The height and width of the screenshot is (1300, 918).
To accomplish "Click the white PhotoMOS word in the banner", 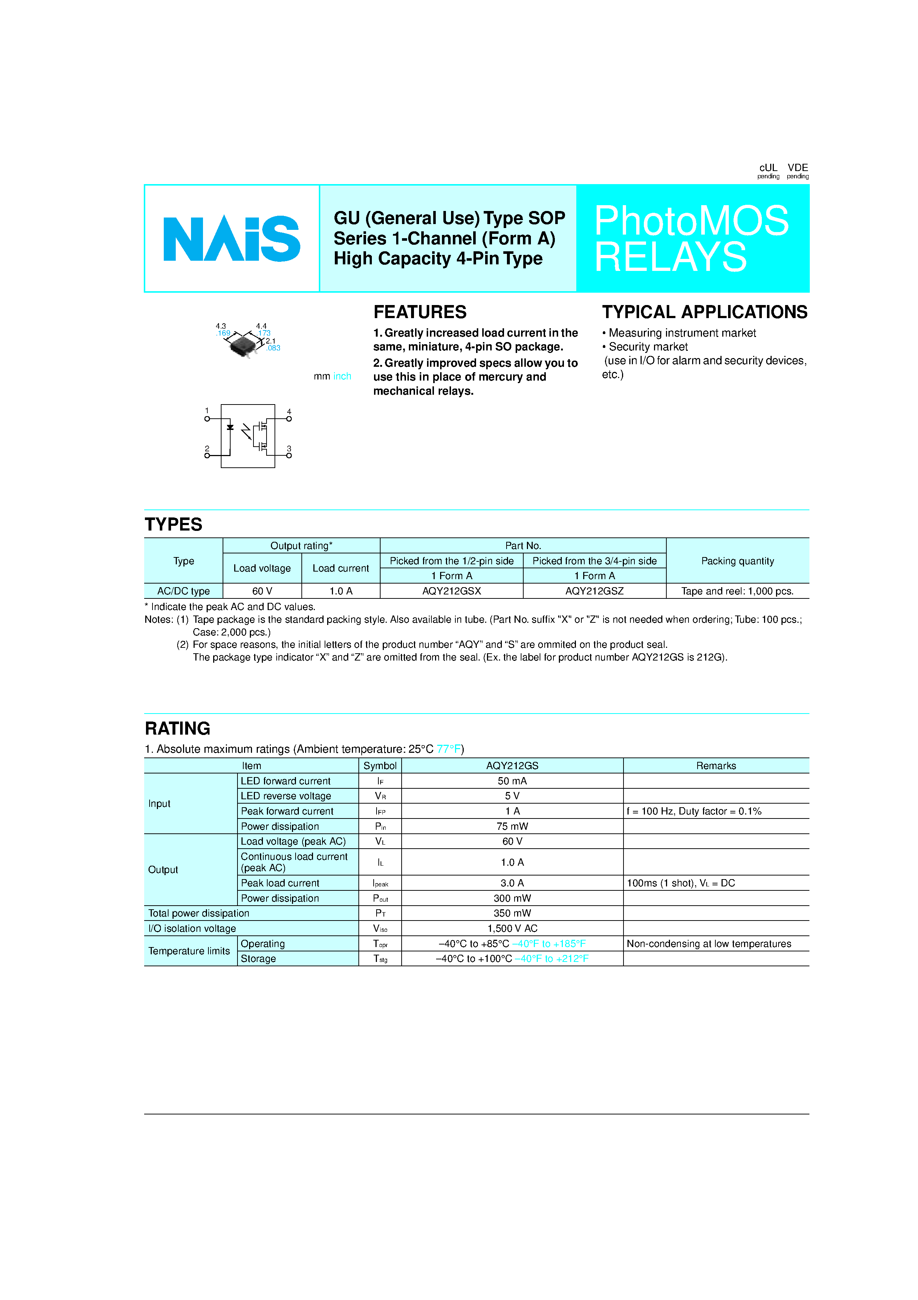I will (691, 221).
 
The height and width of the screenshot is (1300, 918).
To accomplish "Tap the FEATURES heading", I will (420, 312).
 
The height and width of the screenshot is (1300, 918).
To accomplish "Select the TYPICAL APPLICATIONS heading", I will (704, 312).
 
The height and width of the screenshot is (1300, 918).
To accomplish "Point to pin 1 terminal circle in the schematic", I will (207, 419).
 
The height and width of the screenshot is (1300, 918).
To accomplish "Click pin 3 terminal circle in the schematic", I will (289, 455).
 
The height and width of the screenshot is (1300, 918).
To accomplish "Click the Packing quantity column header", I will (738, 561).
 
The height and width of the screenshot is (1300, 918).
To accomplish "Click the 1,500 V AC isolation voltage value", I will (512, 929).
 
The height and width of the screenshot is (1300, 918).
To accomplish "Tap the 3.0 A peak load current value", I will (512, 883).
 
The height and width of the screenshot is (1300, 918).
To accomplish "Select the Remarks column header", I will (716, 765).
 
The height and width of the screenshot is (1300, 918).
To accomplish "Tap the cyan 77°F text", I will (448, 749).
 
